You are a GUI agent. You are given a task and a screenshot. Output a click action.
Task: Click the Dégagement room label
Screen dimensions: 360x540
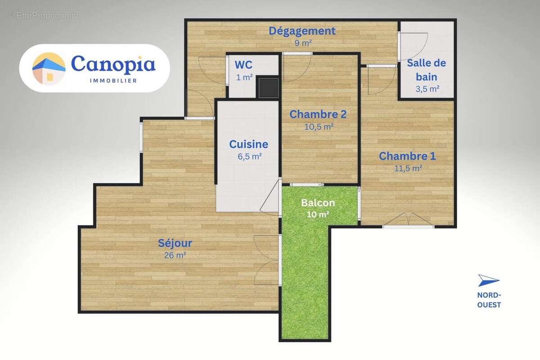(x=302, y=31)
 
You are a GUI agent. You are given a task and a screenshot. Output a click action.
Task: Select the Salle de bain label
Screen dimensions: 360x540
(x=426, y=69)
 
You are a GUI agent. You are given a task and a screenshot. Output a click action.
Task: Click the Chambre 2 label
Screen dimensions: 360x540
(x=318, y=114)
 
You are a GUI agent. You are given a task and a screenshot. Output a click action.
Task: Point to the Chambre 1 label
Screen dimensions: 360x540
(x=407, y=156)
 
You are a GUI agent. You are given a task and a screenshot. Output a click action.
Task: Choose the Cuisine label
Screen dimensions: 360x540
(x=248, y=144)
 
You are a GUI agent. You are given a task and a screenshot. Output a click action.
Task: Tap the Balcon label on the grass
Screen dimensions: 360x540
(x=318, y=203)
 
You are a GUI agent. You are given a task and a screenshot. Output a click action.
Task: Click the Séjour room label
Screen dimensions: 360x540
(x=175, y=243)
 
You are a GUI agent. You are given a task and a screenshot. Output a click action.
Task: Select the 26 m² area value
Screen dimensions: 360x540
(x=175, y=255)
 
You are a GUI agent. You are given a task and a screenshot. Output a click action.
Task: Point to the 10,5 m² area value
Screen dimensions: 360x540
(x=319, y=126)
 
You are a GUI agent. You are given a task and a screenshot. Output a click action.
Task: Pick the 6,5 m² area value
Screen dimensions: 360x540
(x=249, y=156)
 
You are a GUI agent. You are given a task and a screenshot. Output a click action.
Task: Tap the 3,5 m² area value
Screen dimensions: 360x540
(x=427, y=89)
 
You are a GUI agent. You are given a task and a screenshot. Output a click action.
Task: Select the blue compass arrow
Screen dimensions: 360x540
(x=488, y=280)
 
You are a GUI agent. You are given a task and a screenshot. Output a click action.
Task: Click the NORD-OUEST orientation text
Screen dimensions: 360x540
(x=489, y=300)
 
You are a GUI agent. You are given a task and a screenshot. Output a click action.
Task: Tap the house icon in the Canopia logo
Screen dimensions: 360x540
(x=49, y=68)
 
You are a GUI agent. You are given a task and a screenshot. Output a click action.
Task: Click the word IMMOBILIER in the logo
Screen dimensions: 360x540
(x=113, y=81)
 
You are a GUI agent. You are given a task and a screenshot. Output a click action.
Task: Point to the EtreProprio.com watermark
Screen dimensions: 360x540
(x=43, y=16)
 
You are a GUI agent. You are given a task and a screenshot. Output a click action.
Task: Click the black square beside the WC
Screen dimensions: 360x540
(x=268, y=87)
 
